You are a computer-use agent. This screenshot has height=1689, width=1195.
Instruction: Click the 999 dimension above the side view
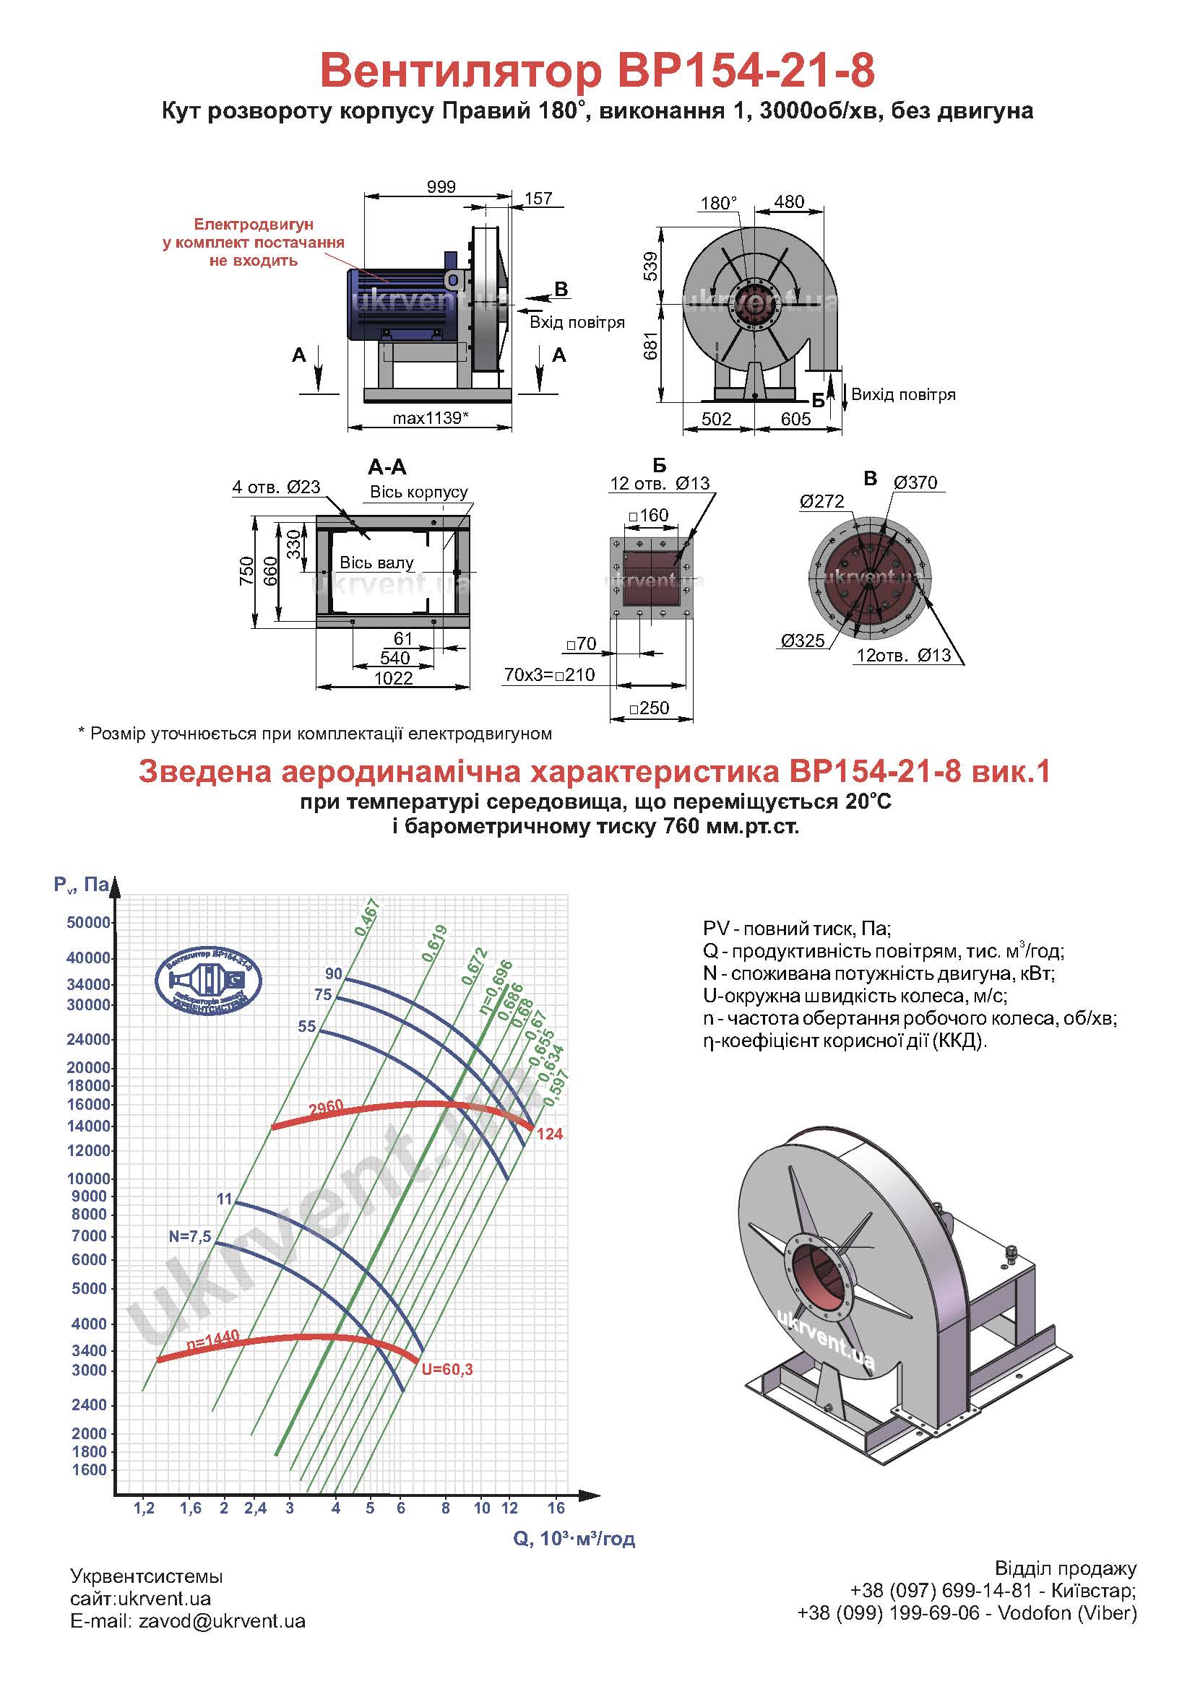point(441,187)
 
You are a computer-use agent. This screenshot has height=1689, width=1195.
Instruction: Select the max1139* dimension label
point(431,418)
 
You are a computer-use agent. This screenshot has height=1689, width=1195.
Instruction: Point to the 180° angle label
point(718,203)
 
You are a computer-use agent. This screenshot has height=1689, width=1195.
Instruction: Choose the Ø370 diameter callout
point(915,482)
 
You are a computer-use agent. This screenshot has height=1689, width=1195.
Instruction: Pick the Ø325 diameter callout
point(803,640)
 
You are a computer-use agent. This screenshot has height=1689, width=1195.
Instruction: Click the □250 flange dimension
point(649,708)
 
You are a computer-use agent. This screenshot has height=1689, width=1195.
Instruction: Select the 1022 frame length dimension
point(394,677)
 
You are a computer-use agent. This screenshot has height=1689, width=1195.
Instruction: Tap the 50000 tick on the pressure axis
point(88,922)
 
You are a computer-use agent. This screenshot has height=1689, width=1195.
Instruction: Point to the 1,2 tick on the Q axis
point(144,1508)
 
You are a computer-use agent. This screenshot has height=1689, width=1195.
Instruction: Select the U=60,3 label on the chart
point(447,1369)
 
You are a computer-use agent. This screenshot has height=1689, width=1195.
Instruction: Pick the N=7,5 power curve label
point(190,1236)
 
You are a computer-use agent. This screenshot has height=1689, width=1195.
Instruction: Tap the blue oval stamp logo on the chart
point(209,981)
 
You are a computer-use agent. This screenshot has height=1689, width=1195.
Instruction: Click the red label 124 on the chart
point(550,1134)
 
